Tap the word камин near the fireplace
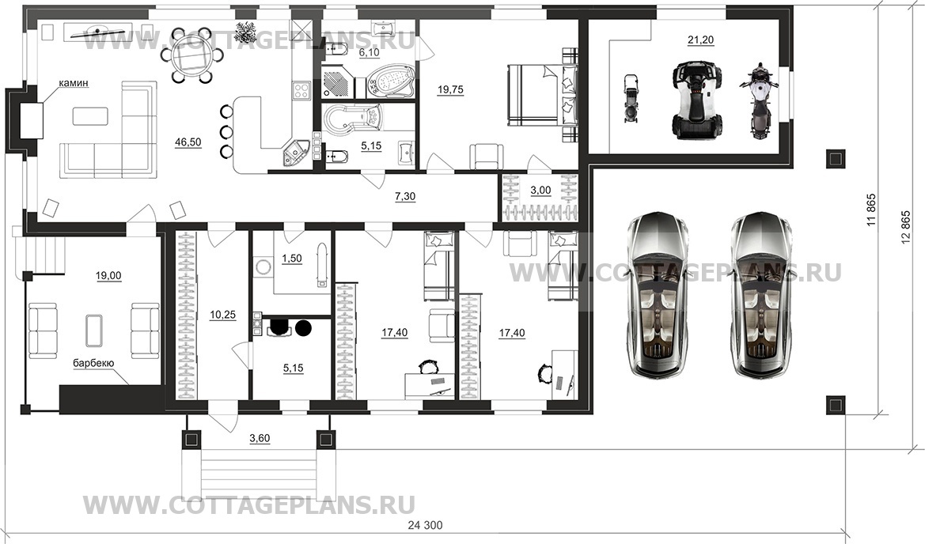[x=73, y=84]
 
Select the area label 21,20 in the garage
[x=700, y=40]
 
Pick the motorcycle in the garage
[x=759, y=101]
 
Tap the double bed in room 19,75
[x=543, y=96]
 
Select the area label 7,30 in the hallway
[x=405, y=196]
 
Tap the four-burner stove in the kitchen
[x=301, y=92]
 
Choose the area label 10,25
[x=222, y=315]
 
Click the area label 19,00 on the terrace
[x=108, y=275]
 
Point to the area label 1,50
[x=292, y=259]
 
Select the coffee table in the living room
[x=90, y=115]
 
